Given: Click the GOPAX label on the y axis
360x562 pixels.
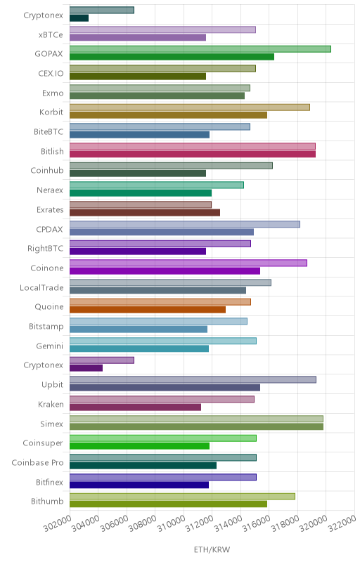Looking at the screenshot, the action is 49,54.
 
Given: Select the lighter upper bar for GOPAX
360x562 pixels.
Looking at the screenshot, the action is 200,49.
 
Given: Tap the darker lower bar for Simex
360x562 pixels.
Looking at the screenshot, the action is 196,426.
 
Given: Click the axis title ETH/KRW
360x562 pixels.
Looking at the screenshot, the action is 212,549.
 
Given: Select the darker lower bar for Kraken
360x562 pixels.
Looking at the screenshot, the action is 135,407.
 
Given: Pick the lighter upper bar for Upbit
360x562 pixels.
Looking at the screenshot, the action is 193,379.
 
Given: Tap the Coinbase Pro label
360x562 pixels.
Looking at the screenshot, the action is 38,463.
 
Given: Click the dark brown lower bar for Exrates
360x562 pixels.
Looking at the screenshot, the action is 145,213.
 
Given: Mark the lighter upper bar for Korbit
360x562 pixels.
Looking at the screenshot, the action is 190,107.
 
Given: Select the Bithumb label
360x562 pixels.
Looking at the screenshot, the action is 47,501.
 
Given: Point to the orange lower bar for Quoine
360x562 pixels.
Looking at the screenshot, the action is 148,310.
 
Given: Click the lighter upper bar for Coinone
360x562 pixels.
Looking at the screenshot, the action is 188,263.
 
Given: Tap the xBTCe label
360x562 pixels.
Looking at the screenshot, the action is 51,34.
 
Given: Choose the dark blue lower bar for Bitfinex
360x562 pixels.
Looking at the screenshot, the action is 139,485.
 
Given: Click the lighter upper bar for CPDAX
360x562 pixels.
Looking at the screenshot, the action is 185,224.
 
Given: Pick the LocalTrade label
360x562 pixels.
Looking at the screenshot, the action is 41,288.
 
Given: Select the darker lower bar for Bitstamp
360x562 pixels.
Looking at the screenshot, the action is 139,329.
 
